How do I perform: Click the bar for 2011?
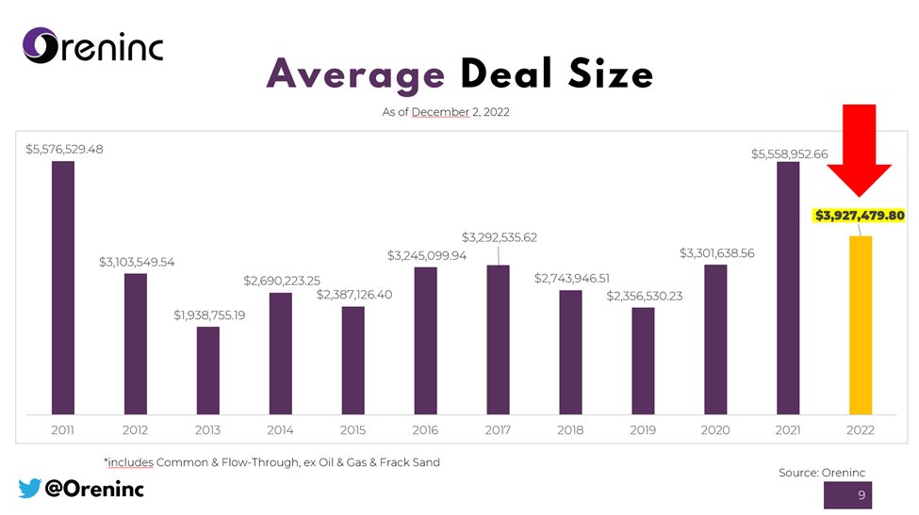point(62,287)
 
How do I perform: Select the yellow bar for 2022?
point(860,324)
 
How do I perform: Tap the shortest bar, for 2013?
point(207,370)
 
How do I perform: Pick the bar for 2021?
point(788,287)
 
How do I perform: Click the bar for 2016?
point(425,340)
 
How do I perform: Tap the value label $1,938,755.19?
point(209,314)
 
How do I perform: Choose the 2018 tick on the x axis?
point(570,429)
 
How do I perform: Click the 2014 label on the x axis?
point(280,429)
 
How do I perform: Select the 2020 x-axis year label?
point(715,429)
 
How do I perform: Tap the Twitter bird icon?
point(29,488)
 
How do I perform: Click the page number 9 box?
point(862,496)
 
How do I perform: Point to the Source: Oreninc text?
point(821,472)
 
